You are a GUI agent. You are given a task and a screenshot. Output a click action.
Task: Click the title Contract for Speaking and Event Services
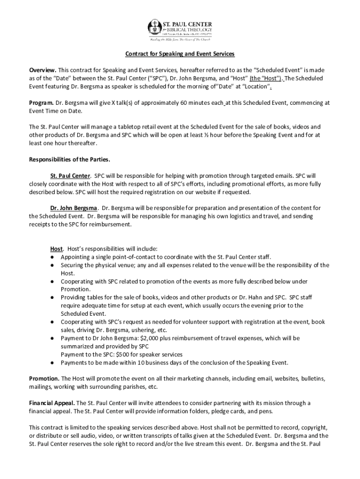[180, 54]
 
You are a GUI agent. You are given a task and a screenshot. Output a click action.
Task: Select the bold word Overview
[43, 70]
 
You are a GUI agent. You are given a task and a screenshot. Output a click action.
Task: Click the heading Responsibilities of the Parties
[69, 159]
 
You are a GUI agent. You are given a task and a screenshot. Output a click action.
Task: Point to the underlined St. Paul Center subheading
[70, 175]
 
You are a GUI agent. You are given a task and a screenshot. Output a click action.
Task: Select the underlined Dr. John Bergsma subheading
[74, 208]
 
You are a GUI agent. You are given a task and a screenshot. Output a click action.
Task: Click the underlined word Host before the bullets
[57, 248]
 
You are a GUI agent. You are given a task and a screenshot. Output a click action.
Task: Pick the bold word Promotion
[44, 378]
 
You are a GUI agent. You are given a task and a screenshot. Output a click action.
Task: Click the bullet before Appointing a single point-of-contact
[53, 257]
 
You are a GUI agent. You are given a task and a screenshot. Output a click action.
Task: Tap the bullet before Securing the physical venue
[53, 265]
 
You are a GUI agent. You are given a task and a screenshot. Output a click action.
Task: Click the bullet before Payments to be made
[53, 363]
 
